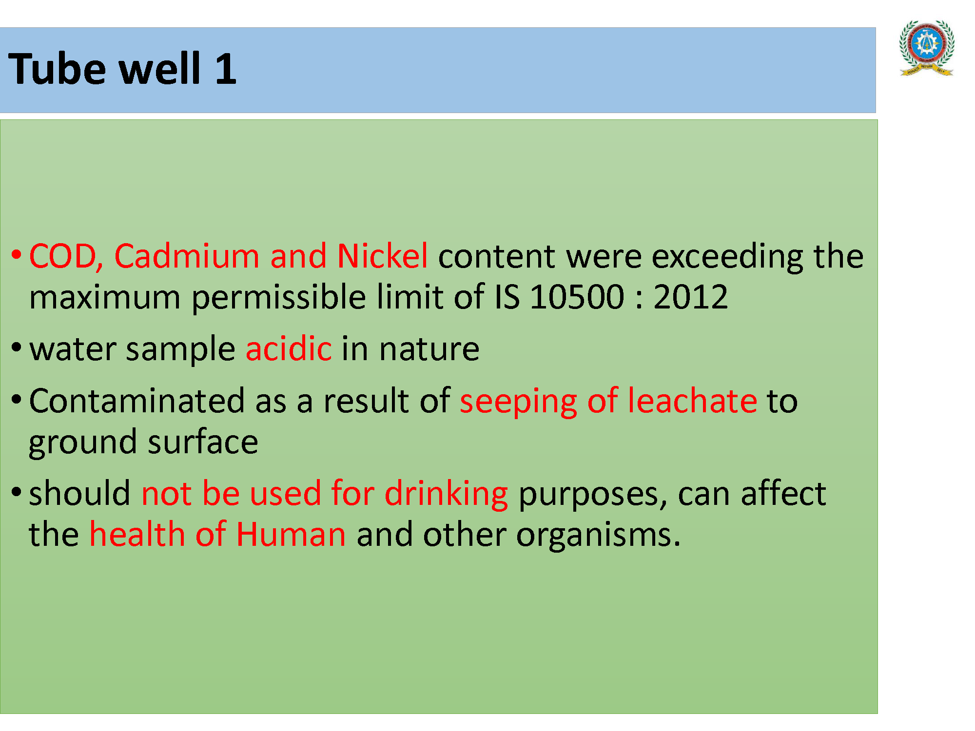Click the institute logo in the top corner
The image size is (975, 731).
point(927,48)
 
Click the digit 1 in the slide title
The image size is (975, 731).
point(226,69)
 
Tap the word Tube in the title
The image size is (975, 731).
point(57,69)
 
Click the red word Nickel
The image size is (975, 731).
point(383,256)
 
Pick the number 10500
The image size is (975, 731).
point(577,297)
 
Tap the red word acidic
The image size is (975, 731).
point(289,348)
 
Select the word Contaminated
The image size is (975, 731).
point(137,401)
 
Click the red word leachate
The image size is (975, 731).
point(692,401)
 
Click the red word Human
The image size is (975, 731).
point(291,534)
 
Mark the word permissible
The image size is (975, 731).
point(278,298)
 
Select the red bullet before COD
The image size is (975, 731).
point(17,255)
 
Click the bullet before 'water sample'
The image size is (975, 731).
point(17,347)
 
